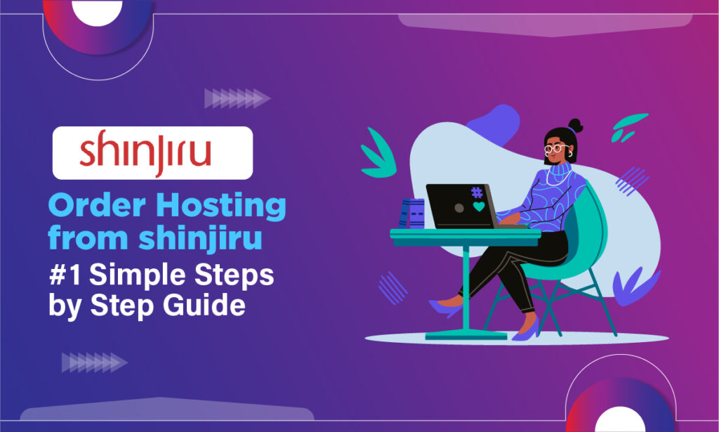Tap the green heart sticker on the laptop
(479, 207)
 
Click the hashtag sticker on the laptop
(477, 192)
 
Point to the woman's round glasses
(554, 149)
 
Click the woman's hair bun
(575, 126)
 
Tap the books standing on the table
(412, 214)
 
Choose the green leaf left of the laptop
(376, 158)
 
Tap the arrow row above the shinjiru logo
(237, 98)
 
